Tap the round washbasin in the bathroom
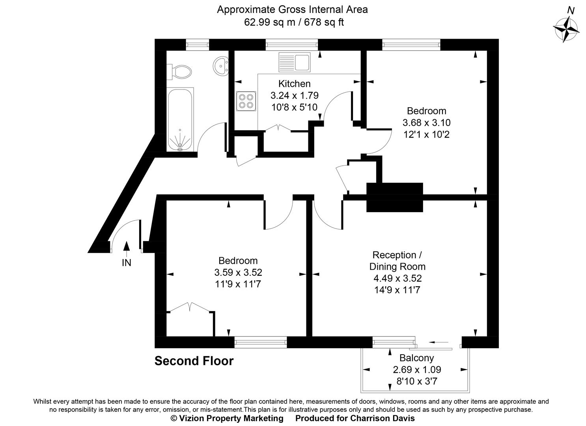(x=221, y=65)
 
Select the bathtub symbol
(x=180, y=120)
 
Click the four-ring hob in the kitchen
(x=246, y=101)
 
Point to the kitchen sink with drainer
(x=294, y=62)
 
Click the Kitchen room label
(x=294, y=84)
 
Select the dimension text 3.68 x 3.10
(x=426, y=123)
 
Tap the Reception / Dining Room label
(x=398, y=260)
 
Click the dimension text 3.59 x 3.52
(x=238, y=272)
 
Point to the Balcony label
(x=416, y=358)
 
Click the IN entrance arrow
(x=126, y=246)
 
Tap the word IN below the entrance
(x=126, y=263)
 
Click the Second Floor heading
(x=194, y=361)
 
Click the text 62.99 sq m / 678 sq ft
(x=294, y=22)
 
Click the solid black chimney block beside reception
(x=395, y=197)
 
